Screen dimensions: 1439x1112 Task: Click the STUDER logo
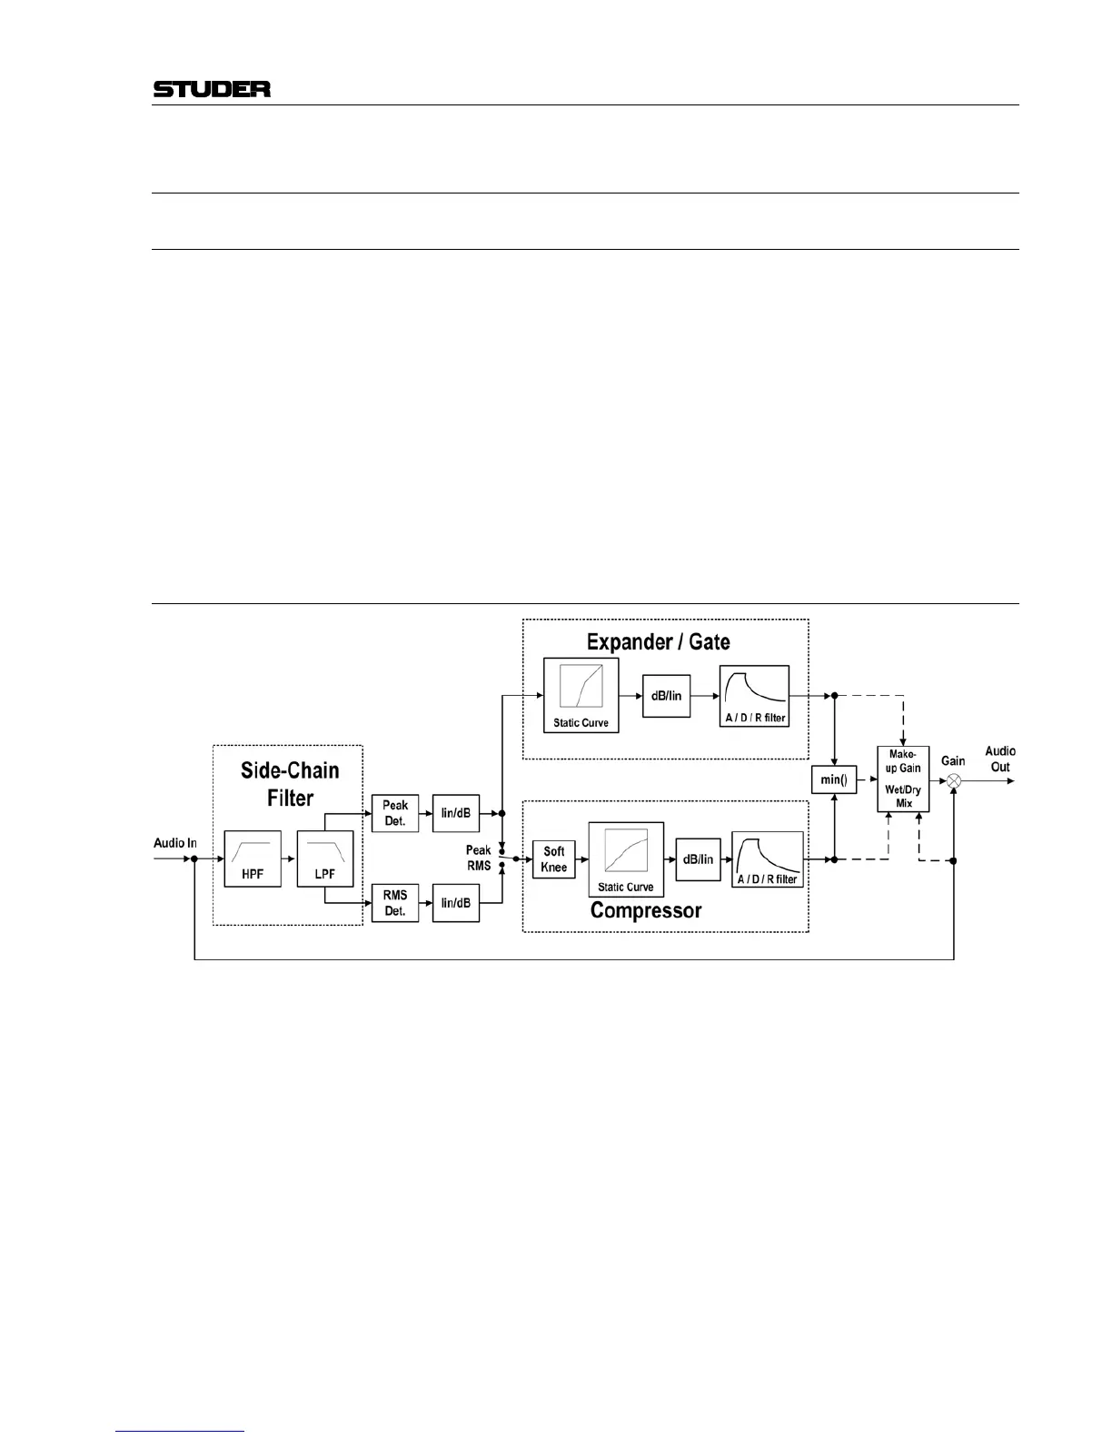212,89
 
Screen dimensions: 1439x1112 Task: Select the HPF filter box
253,858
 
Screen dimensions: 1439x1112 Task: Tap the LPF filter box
324,858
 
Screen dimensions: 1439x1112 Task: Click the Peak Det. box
395,813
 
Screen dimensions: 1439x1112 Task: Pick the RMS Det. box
395,903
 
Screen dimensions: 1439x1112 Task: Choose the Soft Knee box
554,858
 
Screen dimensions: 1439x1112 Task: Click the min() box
833,779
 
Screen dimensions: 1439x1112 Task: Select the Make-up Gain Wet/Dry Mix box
903,779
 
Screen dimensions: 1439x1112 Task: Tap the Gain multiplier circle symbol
954,781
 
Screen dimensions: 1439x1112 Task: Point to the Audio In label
174,843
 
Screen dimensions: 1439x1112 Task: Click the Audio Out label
1000,759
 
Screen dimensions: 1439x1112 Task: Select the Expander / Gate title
658,642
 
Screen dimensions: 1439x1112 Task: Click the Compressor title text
646,910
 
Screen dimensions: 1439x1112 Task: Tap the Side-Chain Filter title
290,784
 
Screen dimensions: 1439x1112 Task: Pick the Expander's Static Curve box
581,695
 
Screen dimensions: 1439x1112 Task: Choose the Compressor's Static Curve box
626,859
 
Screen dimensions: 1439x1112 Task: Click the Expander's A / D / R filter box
754,696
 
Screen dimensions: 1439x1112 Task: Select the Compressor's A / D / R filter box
768,859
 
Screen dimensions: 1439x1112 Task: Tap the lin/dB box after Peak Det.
456,813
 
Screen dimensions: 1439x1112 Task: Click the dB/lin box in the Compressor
698,859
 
